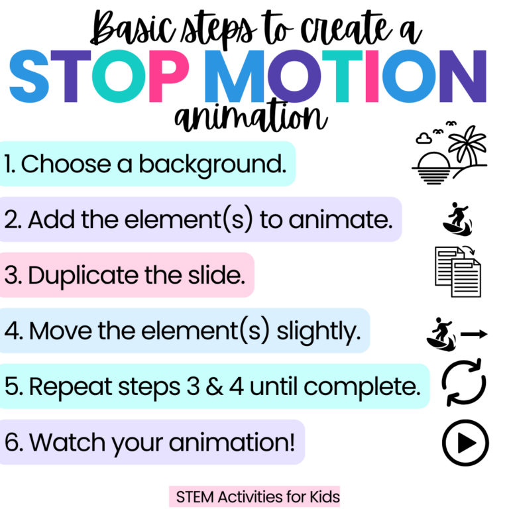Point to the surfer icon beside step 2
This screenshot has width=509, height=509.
coord(456,219)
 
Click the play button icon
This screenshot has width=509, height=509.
coord(465,442)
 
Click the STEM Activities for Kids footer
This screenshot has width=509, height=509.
coord(254,496)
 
